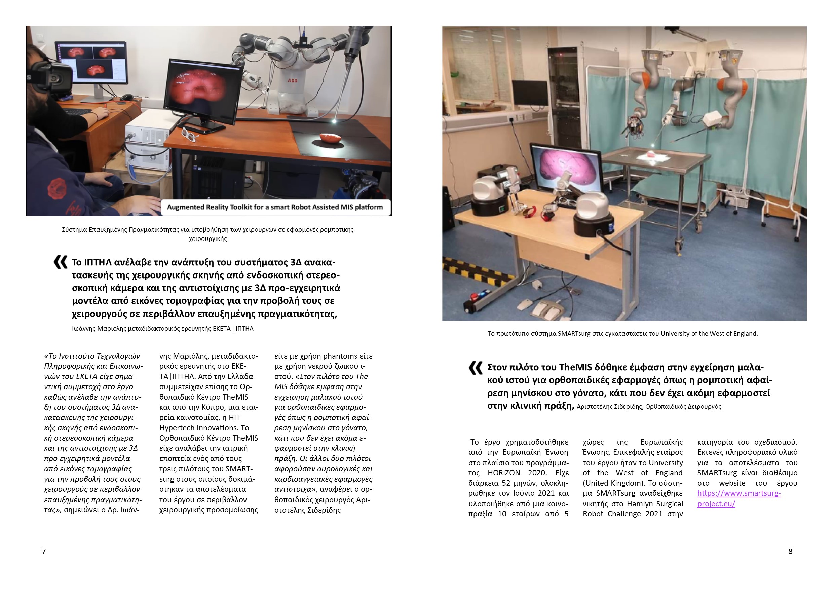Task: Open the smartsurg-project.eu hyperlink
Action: coord(738,499)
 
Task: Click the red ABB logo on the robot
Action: coord(293,80)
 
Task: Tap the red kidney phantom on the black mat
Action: coord(330,138)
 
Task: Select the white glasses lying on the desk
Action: coord(189,135)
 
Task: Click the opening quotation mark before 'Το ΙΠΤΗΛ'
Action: coord(60,262)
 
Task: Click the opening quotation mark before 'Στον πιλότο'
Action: coord(476,368)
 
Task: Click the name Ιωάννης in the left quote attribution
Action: coord(84,329)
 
